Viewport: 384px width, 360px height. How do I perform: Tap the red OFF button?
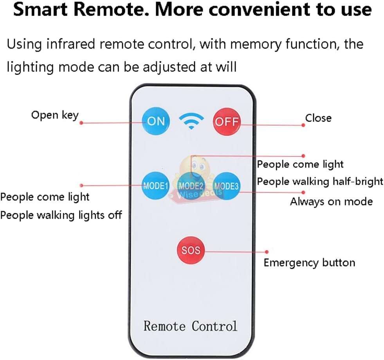pos(227,121)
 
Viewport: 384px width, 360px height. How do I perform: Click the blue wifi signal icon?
pos(191,121)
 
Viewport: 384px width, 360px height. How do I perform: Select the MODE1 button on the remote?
pos(155,186)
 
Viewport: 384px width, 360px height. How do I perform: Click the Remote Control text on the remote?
pos(190,326)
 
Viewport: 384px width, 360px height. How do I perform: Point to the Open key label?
pos(55,115)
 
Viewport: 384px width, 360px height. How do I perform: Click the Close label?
pos(318,118)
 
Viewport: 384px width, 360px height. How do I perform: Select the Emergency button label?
pos(309,262)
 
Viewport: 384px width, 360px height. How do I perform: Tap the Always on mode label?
pos(331,202)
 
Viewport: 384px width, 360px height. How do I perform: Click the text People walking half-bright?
pos(320,182)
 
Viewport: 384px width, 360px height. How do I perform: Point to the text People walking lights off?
pos(61,215)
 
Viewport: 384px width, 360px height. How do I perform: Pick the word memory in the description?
pos(255,44)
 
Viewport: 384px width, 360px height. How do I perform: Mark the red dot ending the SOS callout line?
pos(267,252)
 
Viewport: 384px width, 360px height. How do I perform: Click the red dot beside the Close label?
pos(303,125)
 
